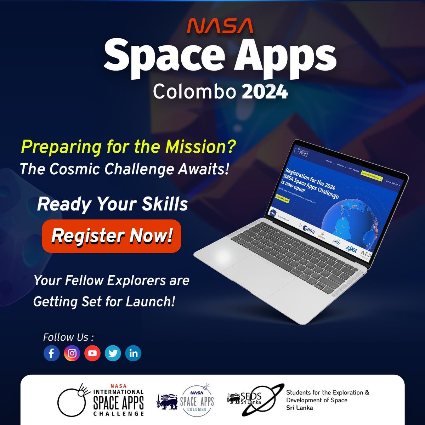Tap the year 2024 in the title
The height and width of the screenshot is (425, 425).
(x=265, y=92)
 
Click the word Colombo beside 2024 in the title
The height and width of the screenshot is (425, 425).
(x=194, y=92)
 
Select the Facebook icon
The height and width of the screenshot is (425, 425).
(x=51, y=353)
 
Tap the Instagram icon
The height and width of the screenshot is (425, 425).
(x=72, y=353)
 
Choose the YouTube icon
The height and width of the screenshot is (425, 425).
(x=92, y=353)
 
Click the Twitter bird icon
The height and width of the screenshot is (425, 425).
(x=113, y=353)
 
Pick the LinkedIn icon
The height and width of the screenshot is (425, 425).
(x=134, y=353)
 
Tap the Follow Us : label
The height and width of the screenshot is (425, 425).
(x=68, y=337)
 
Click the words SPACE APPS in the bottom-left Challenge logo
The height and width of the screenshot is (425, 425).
(x=118, y=402)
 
